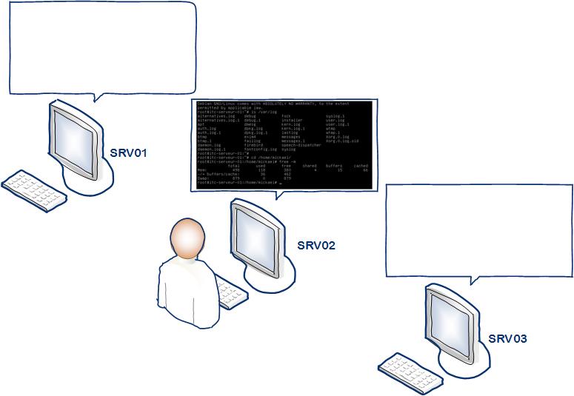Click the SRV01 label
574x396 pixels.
[x=129, y=153]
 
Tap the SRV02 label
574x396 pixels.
[x=316, y=246]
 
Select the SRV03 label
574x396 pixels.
[x=507, y=339]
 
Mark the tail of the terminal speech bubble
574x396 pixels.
[x=278, y=195]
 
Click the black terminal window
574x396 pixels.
[x=282, y=145]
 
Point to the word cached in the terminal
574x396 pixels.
[x=361, y=166]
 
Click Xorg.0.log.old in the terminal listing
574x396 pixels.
[x=342, y=141]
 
